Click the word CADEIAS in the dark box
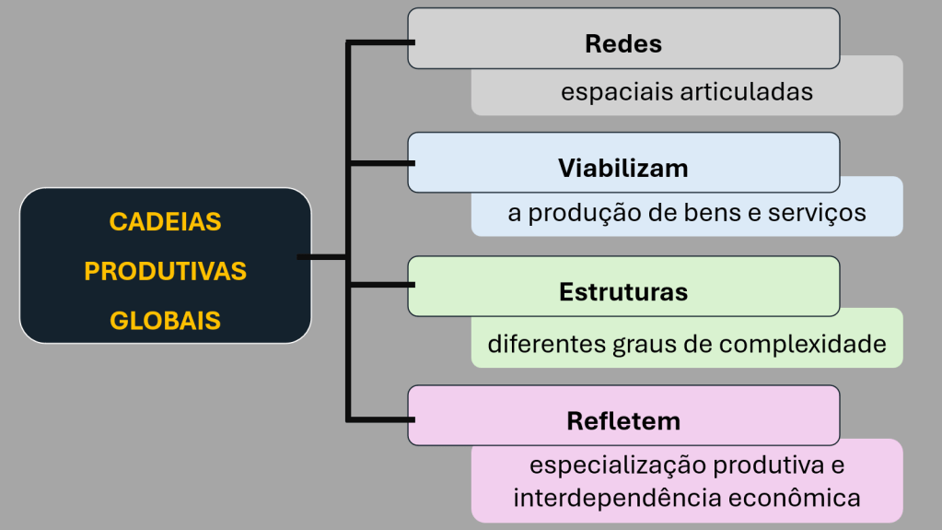(x=166, y=222)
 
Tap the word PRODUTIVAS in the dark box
(x=166, y=272)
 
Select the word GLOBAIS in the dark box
(x=166, y=321)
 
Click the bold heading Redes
(x=623, y=43)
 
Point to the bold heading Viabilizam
(x=623, y=169)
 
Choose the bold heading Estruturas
(x=623, y=292)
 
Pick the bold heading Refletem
(x=623, y=421)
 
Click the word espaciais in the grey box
(x=617, y=92)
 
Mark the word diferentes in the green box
(x=545, y=345)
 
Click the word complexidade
(x=803, y=345)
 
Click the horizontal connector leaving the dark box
(x=322, y=256)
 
